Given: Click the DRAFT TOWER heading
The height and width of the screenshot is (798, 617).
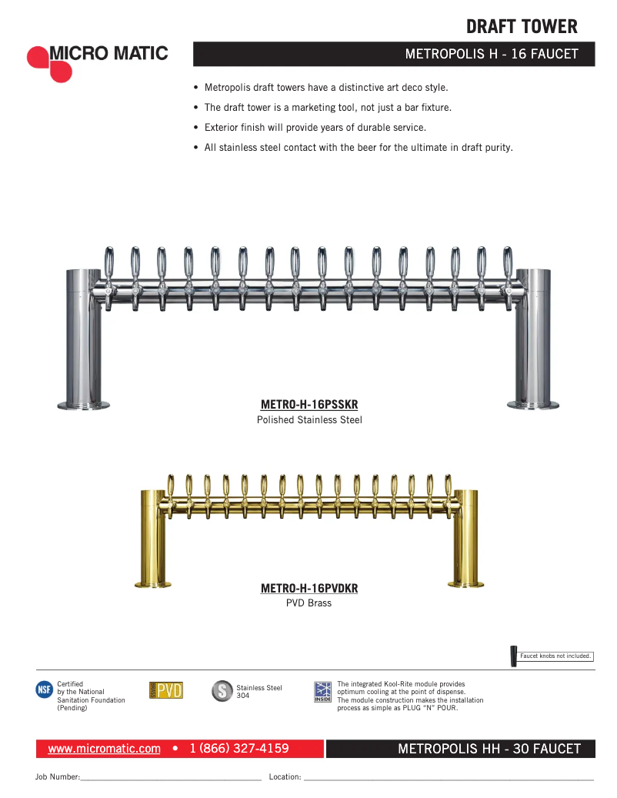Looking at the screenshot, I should click(521, 27).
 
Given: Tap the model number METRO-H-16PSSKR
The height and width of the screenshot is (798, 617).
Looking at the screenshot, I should click(309, 405).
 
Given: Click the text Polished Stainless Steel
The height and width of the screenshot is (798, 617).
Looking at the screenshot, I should click(309, 420).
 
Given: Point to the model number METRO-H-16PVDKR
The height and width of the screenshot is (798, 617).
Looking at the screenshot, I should click(309, 589).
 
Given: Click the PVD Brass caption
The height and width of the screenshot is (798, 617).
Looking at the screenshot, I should click(309, 603).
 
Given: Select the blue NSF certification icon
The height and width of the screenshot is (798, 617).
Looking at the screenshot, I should click(45, 689).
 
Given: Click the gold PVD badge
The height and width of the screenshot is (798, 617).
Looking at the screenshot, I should click(165, 690).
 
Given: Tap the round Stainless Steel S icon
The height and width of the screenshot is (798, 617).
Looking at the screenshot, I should click(222, 690).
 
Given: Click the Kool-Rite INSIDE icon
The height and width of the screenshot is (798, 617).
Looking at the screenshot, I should click(323, 691).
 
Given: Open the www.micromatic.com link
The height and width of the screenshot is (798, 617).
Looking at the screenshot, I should click(104, 749).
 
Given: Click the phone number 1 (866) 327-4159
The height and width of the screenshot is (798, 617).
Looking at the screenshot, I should click(238, 749).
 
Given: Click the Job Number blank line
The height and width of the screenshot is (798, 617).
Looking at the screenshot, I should click(171, 778).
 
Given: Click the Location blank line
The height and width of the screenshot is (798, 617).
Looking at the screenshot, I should click(449, 778).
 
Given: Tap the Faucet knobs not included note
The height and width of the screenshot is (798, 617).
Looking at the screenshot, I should click(555, 656).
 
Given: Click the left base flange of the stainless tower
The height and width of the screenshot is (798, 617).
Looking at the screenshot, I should click(83, 405).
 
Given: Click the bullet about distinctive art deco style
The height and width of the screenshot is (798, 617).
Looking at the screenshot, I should click(326, 88).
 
